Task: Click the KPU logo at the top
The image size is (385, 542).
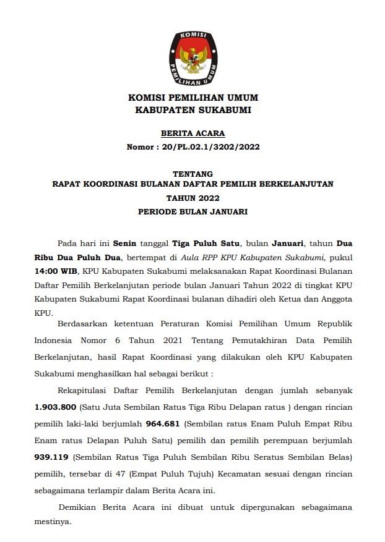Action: (x=192, y=57)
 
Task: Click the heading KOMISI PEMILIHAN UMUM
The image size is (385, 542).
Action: (x=192, y=98)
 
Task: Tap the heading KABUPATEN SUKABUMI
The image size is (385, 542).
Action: (x=192, y=110)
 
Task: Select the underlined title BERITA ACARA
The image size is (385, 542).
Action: (x=192, y=133)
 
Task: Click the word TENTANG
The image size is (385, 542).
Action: (x=192, y=174)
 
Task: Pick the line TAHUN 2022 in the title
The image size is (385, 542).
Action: (x=192, y=198)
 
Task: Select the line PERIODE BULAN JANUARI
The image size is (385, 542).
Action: (x=192, y=211)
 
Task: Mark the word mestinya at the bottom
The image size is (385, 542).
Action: (x=53, y=520)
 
